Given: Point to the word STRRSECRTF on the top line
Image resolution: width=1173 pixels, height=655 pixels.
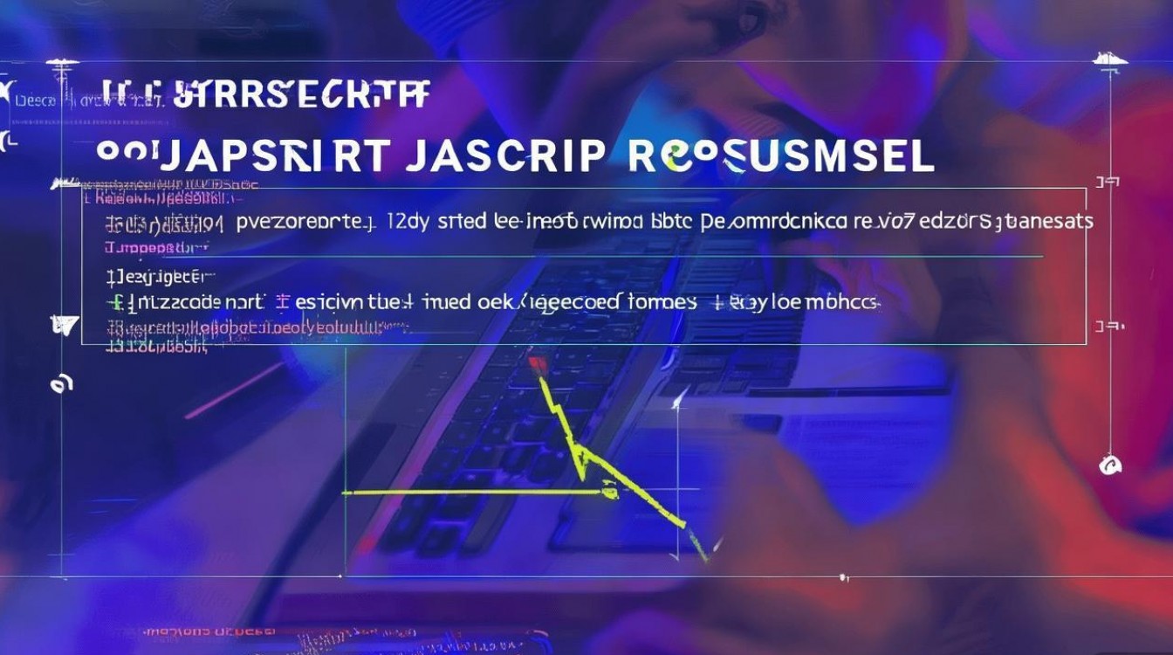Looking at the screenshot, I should [301, 94].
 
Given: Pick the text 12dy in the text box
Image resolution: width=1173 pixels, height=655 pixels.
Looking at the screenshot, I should [408, 222].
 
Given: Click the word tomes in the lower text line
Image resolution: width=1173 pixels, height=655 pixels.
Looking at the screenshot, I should [662, 303].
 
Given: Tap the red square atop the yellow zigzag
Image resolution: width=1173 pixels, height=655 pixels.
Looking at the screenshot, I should [536, 361].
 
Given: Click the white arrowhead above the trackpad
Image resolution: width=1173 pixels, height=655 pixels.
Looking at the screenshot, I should [676, 401].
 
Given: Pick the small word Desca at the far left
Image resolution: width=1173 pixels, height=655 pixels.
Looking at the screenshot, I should [37, 100].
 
